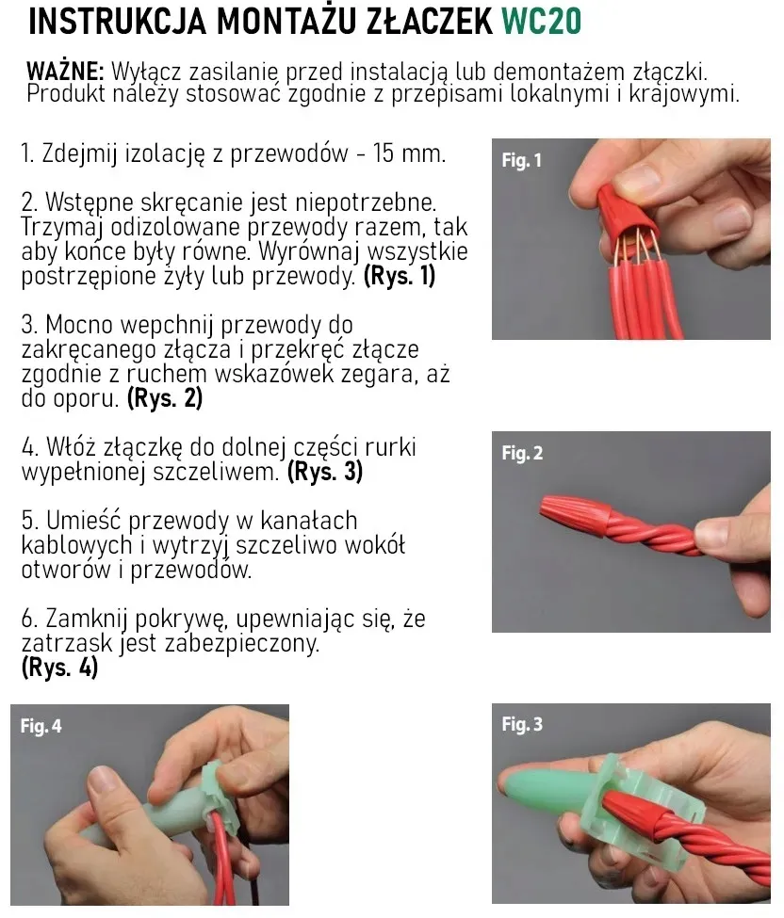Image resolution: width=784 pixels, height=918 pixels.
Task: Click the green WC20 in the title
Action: coord(542,21)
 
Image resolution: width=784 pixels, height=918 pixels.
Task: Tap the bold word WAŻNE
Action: coord(65,72)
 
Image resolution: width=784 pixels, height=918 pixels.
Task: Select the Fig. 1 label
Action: coord(521,160)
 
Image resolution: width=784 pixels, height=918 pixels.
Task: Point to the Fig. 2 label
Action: coord(522,453)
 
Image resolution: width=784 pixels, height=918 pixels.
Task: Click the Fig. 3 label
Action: coord(522,724)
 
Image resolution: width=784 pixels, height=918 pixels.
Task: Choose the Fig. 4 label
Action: coord(41,726)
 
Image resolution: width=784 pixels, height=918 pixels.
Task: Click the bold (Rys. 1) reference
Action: coord(400,275)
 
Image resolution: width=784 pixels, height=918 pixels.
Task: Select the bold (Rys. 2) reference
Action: coord(165,398)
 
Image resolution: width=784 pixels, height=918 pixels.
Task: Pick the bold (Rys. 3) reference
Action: coord(324,472)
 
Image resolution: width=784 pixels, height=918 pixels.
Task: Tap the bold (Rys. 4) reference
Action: coord(59,668)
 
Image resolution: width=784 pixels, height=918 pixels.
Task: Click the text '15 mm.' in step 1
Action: coord(409,153)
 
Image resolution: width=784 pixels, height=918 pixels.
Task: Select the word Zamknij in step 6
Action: coord(88,620)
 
